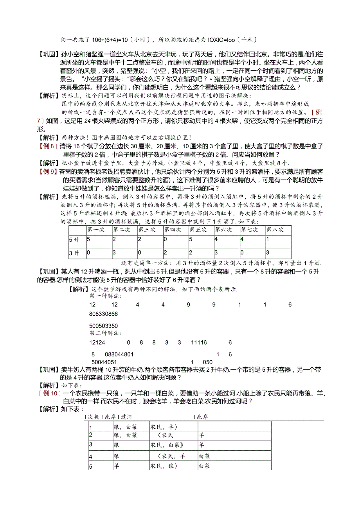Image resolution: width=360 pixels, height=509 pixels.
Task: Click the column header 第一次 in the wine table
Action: [x=95, y=230]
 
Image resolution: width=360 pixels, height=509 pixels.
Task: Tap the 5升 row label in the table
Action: [x=74, y=239]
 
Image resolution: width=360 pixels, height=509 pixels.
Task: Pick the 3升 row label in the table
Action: [x=74, y=253]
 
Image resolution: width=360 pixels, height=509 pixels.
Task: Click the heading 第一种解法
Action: [x=105, y=296]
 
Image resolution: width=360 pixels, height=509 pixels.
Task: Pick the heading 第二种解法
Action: [x=105, y=333]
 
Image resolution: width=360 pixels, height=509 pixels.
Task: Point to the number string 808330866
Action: [x=103, y=314]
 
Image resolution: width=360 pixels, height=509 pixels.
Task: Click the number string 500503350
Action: [x=103, y=326]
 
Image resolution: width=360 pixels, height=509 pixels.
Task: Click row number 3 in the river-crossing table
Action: [x=91, y=444]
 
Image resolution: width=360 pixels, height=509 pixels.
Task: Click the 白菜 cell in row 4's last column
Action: [x=205, y=456]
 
